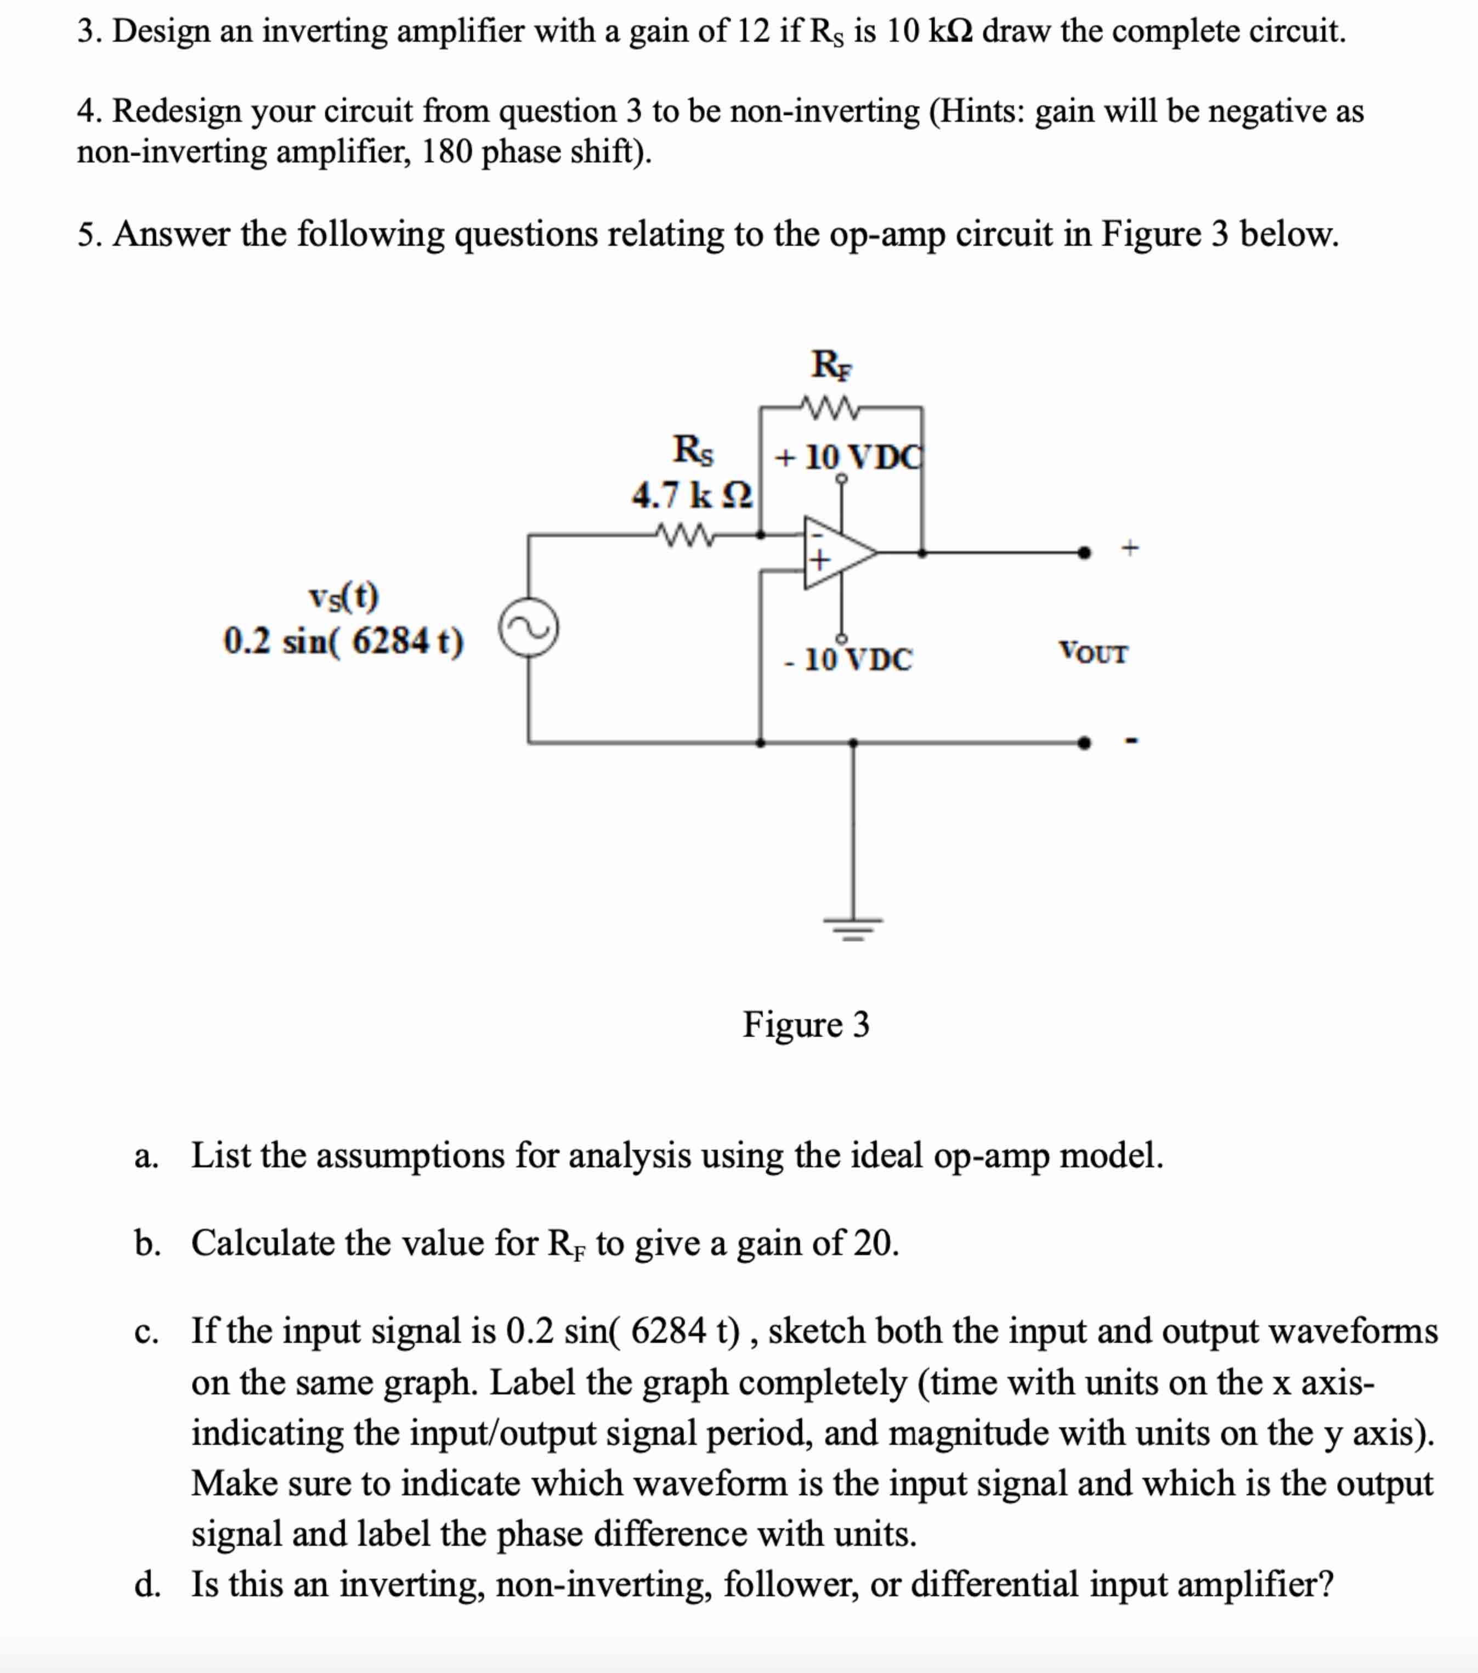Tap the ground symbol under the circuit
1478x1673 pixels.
tap(853, 928)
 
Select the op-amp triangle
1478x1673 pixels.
tap(836, 552)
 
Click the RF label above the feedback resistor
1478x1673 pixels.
tap(831, 364)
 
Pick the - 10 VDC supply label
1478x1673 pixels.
tap(848, 659)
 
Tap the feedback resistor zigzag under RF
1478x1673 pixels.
tap(828, 407)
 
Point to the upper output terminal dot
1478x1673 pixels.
tap(1084, 552)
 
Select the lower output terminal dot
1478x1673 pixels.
tap(1084, 742)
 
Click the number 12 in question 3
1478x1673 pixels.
tap(754, 31)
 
